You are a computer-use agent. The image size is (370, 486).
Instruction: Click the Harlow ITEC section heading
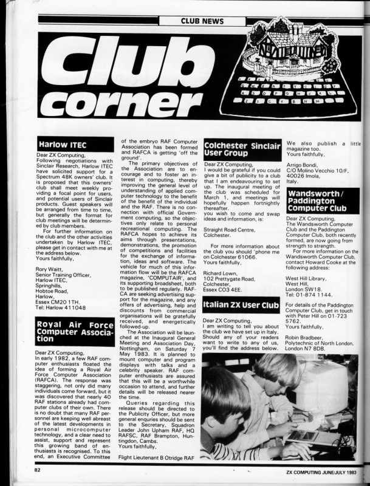[x=63, y=145]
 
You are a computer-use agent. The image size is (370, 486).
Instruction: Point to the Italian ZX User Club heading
[x=241, y=306]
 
